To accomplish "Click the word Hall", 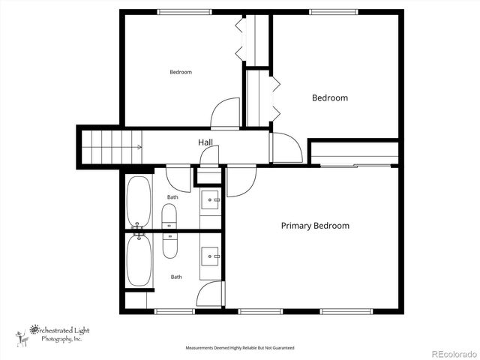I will (x=205, y=142).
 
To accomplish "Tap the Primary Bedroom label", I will (x=315, y=226).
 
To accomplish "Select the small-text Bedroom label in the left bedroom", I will (x=181, y=72).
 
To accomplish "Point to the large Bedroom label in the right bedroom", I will (x=330, y=98).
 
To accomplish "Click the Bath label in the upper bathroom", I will (x=172, y=197).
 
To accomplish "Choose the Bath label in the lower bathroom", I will (x=176, y=277).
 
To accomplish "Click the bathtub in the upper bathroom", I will (x=139, y=201).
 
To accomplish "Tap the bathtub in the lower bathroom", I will (x=139, y=261).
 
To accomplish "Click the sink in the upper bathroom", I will (x=211, y=199).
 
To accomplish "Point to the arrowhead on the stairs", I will (x=140, y=147).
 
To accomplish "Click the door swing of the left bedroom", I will (x=226, y=115).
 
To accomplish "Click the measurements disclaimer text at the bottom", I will (x=240, y=348).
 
